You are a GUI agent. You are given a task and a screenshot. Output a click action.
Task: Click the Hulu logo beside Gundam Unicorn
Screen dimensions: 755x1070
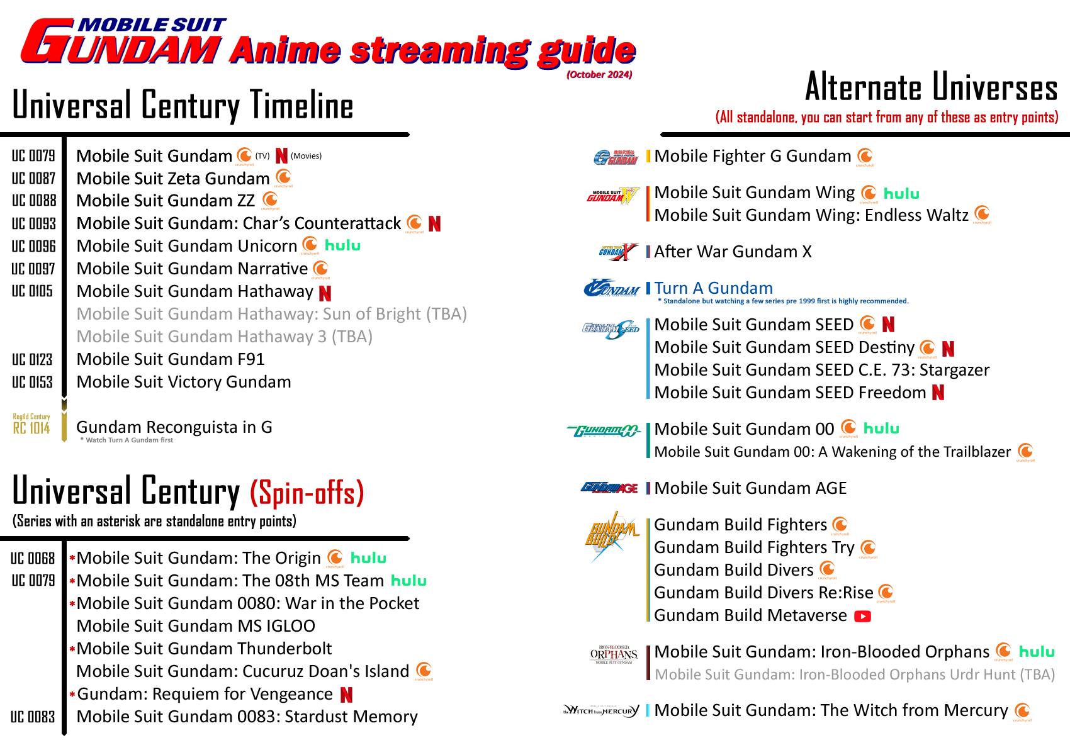tap(342, 245)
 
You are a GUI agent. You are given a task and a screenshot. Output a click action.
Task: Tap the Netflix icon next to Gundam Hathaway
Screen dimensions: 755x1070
tap(325, 293)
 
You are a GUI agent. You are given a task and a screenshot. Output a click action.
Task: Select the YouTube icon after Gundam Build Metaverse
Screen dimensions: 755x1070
tap(862, 616)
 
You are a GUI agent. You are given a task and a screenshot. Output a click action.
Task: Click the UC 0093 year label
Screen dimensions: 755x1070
tap(34, 224)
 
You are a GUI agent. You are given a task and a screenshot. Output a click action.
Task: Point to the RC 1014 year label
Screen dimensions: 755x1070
tap(31, 428)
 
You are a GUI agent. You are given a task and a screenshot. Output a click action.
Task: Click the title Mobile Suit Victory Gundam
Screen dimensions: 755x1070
tap(184, 382)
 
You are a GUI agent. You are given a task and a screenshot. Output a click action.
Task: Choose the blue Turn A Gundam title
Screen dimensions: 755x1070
tap(713, 288)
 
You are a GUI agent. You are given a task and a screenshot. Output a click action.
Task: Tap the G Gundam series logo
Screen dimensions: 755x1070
tap(616, 157)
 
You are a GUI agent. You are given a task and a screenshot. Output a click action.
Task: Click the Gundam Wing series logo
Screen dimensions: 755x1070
tap(612, 196)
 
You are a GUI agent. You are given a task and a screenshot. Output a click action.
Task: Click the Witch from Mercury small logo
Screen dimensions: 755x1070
tap(601, 711)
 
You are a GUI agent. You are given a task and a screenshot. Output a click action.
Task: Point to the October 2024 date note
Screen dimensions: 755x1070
tap(599, 74)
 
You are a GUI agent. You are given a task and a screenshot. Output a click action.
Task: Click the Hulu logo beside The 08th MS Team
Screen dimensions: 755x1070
tap(408, 581)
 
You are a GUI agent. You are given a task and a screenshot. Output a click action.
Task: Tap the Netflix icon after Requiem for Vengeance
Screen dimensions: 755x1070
tap(346, 695)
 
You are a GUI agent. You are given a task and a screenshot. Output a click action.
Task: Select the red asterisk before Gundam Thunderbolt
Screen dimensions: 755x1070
tap(72, 649)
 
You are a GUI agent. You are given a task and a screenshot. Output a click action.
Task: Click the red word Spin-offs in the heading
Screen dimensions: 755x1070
tap(307, 494)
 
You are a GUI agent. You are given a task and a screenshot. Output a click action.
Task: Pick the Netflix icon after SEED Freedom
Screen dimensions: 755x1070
tap(938, 393)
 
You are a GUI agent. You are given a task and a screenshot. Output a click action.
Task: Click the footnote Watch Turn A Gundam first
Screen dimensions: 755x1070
tap(127, 440)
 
